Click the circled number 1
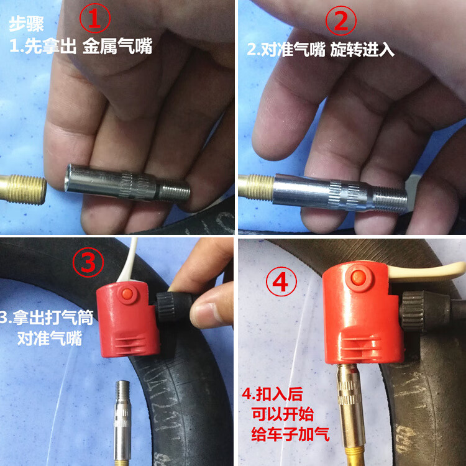(x=95, y=18)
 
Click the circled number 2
(x=341, y=21)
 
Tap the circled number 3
(x=88, y=262)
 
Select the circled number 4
(x=281, y=281)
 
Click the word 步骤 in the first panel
(x=27, y=24)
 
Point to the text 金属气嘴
(x=117, y=46)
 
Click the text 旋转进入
(x=362, y=49)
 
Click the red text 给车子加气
(x=290, y=434)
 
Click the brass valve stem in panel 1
(x=23, y=190)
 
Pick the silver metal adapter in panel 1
(x=127, y=182)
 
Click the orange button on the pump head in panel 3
(x=127, y=294)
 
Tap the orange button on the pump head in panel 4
(x=359, y=277)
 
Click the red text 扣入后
(x=272, y=394)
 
